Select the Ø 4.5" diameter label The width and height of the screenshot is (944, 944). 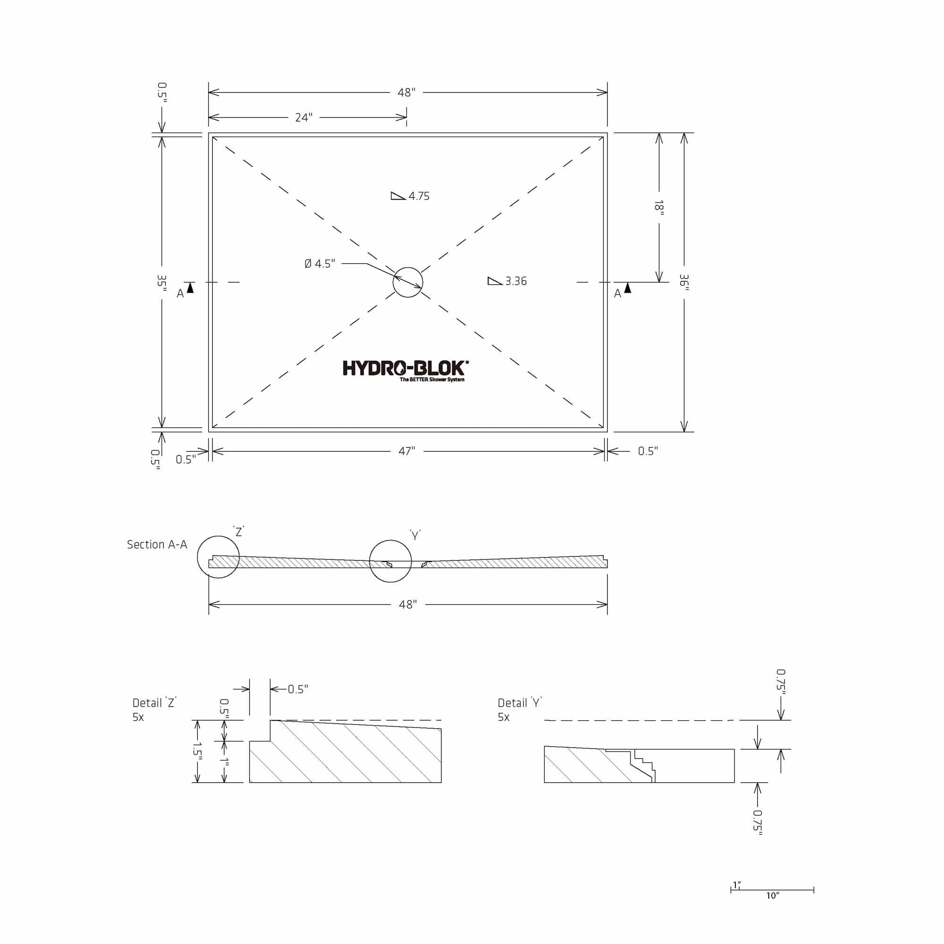320,264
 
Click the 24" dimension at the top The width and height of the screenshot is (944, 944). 303,118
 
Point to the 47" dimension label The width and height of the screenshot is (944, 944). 406,451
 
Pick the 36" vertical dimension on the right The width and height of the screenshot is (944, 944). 684,282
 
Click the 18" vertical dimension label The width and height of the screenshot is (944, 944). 659,208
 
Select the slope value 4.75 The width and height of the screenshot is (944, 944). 419,196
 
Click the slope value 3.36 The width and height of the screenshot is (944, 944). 516,281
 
